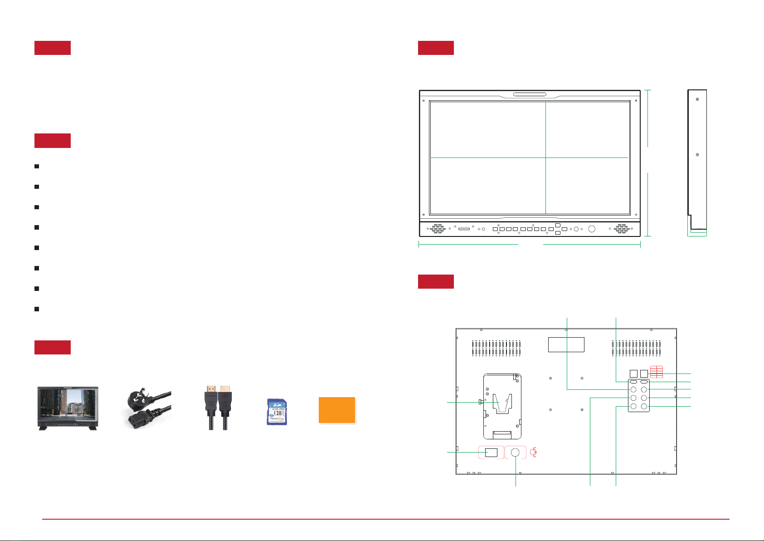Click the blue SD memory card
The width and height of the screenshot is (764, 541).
[x=277, y=412]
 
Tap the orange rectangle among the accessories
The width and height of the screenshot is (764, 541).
[x=337, y=410]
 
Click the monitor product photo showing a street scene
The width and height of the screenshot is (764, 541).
[x=68, y=408]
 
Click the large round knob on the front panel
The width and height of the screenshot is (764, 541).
[x=591, y=229]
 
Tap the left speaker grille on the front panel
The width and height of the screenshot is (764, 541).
[x=437, y=229]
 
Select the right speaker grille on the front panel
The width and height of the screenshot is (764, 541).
[x=621, y=229]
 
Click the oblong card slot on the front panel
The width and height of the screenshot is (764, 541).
[x=464, y=229]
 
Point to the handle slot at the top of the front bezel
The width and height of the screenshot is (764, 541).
[x=530, y=95]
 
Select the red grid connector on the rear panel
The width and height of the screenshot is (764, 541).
[x=656, y=372]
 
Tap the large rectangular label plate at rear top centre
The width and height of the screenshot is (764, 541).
[x=566, y=344]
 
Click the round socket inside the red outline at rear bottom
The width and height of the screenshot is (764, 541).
[x=516, y=452]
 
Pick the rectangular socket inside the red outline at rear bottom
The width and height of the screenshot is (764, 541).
[x=491, y=452]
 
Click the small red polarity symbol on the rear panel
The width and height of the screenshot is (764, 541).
[x=535, y=452]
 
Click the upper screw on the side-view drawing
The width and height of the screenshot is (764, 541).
[x=697, y=99]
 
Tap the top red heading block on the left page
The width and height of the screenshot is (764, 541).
[x=53, y=48]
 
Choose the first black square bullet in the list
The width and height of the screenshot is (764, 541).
[x=36, y=167]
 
